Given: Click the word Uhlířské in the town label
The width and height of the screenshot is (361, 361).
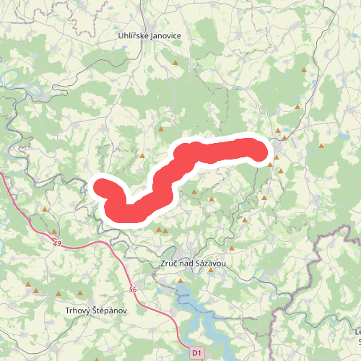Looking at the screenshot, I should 134,35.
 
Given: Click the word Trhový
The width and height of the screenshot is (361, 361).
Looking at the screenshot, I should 79,310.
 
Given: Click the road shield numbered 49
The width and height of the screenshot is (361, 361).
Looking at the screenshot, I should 56,245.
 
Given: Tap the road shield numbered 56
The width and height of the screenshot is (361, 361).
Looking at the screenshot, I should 132,289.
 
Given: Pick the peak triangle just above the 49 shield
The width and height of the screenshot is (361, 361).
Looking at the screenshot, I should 54,232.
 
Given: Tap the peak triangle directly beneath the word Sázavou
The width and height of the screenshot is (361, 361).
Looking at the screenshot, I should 200,281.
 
